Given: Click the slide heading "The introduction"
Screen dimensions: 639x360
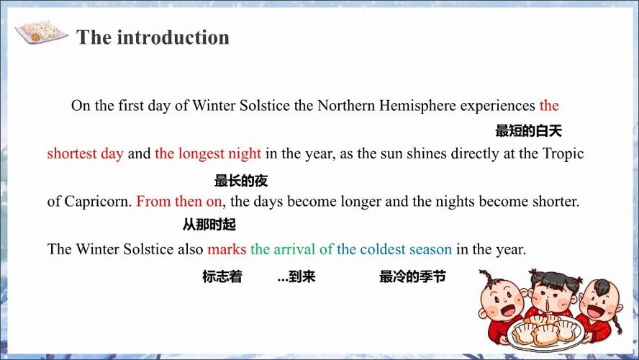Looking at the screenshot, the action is (x=153, y=37).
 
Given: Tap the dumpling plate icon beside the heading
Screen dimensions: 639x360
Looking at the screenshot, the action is (x=41, y=32).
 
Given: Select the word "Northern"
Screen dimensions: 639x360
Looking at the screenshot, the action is (x=346, y=106).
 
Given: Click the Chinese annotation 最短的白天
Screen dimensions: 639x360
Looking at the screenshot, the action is (x=529, y=131).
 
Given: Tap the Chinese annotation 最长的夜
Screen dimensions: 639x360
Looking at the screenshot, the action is (x=241, y=181).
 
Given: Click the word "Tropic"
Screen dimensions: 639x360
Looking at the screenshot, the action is (x=563, y=153).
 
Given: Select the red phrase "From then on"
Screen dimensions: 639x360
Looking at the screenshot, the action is (x=179, y=202).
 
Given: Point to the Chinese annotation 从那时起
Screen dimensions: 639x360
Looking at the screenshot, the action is (x=209, y=225).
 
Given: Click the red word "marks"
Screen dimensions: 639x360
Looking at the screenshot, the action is (x=227, y=249).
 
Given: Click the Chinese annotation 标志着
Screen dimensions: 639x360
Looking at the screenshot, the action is (x=222, y=276).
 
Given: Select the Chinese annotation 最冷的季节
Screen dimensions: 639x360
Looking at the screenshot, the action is (x=412, y=276).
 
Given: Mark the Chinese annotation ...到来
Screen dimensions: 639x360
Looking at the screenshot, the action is (x=296, y=276).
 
